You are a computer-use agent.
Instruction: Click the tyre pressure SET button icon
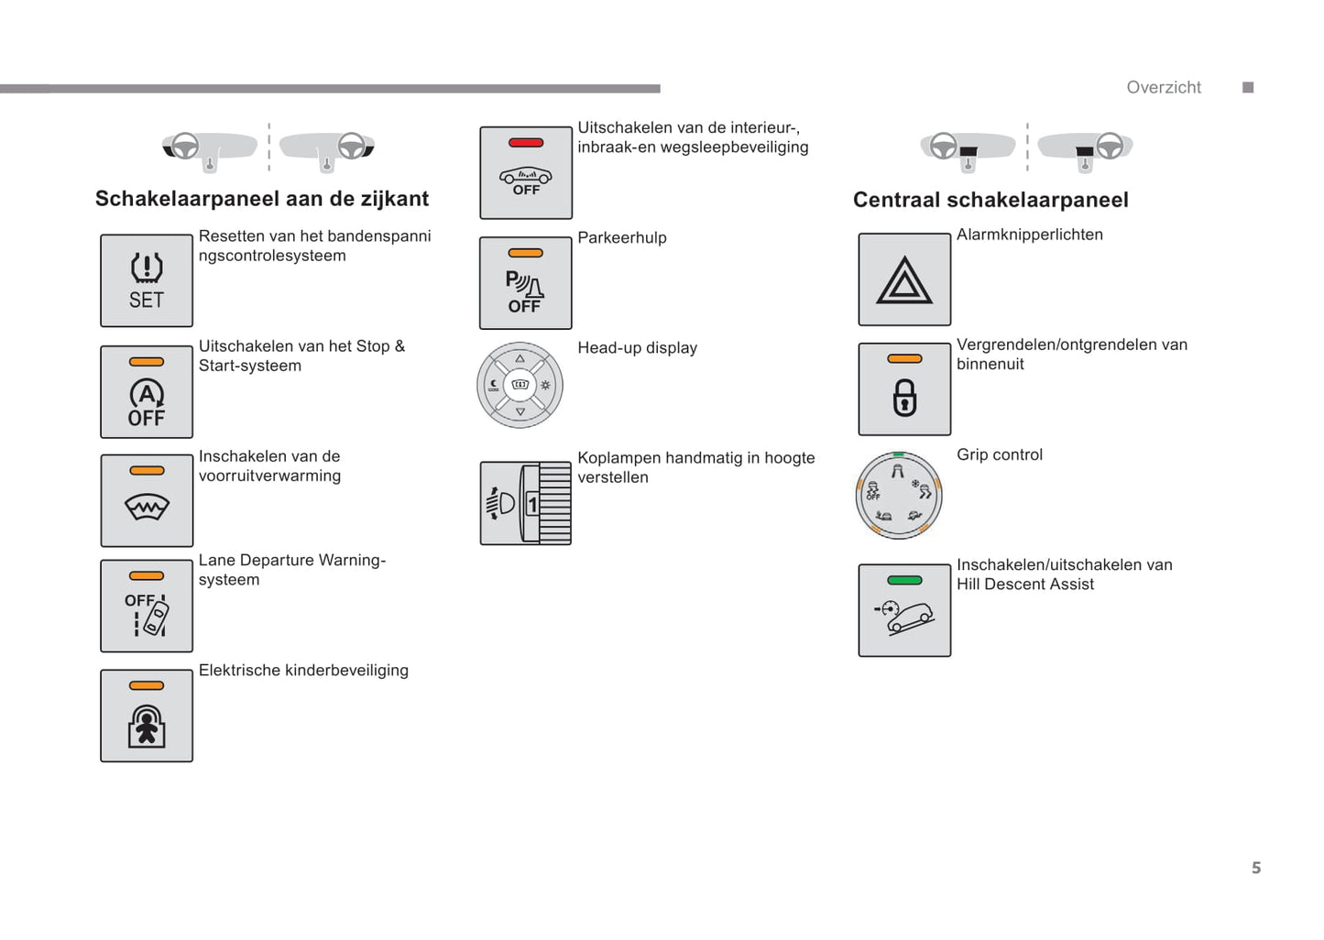[147, 280]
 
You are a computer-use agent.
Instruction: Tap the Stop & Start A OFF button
[147, 391]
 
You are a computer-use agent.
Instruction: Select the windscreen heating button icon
[147, 500]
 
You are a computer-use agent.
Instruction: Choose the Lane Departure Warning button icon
[147, 606]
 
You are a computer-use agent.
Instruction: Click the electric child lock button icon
[147, 716]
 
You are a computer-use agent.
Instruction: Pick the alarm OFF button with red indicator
[526, 173]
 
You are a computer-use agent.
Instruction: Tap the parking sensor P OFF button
[526, 283]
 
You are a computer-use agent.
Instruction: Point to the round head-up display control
[520, 385]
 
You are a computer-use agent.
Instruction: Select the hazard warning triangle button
[904, 279]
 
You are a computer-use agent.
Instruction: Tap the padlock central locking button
[904, 389]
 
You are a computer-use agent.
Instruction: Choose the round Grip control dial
[899, 495]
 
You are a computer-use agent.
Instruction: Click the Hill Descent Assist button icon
[904, 610]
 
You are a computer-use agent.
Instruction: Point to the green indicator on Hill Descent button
[904, 580]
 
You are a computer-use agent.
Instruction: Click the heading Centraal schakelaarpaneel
[990, 200]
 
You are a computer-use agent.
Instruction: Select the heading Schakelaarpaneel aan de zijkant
[262, 199]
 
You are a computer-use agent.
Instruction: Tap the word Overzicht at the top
[1164, 87]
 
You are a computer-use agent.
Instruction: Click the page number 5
[1256, 868]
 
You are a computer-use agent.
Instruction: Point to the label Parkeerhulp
[622, 238]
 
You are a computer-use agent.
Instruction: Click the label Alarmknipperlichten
[1030, 235]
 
